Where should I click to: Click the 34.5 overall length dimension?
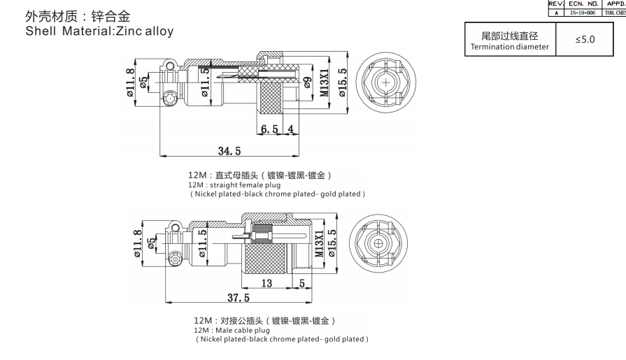(x=229, y=151)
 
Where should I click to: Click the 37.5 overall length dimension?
(x=238, y=298)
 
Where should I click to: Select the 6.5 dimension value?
(x=270, y=129)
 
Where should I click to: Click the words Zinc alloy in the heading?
(x=143, y=31)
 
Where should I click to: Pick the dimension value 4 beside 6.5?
(x=290, y=129)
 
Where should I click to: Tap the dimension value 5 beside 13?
(x=301, y=283)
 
